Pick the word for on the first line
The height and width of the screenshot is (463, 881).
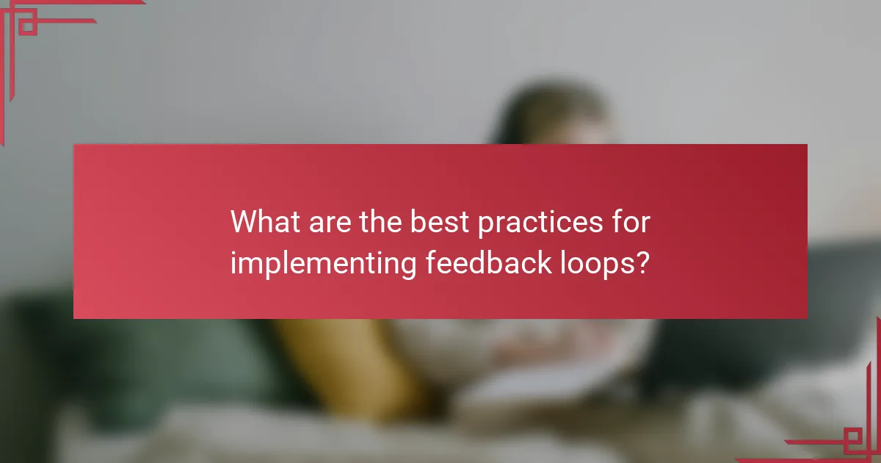tap(631, 222)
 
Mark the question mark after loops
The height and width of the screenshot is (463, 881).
tap(642, 263)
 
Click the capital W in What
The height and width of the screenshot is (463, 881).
tap(245, 222)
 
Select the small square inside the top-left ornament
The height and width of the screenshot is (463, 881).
tap(27, 26)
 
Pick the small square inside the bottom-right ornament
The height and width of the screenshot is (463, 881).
tap(854, 440)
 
